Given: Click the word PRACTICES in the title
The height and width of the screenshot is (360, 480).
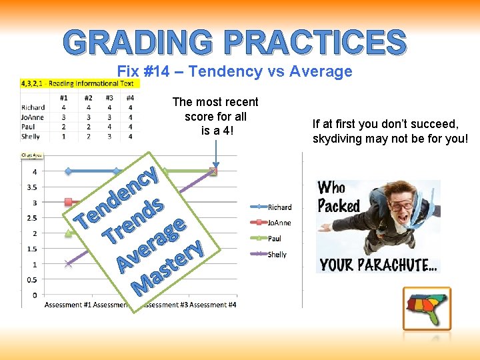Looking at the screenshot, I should (315, 43).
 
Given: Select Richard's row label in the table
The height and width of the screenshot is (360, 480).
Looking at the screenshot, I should (33, 107).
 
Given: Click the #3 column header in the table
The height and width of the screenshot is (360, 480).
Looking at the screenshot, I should (109, 98).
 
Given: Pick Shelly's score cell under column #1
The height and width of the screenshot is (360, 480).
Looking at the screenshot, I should (63, 137).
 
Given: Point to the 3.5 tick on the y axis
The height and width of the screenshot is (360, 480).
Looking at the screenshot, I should (31, 187).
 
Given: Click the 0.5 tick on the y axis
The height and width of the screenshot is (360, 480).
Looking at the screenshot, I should (31, 279).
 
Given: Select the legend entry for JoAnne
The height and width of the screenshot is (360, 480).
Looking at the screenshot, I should (279, 223).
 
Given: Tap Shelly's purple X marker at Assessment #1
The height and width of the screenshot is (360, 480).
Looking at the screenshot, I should (68, 264).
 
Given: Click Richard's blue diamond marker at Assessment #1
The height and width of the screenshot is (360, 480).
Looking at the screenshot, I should (68, 171).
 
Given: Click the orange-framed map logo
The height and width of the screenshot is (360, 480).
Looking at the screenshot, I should (427, 309).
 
